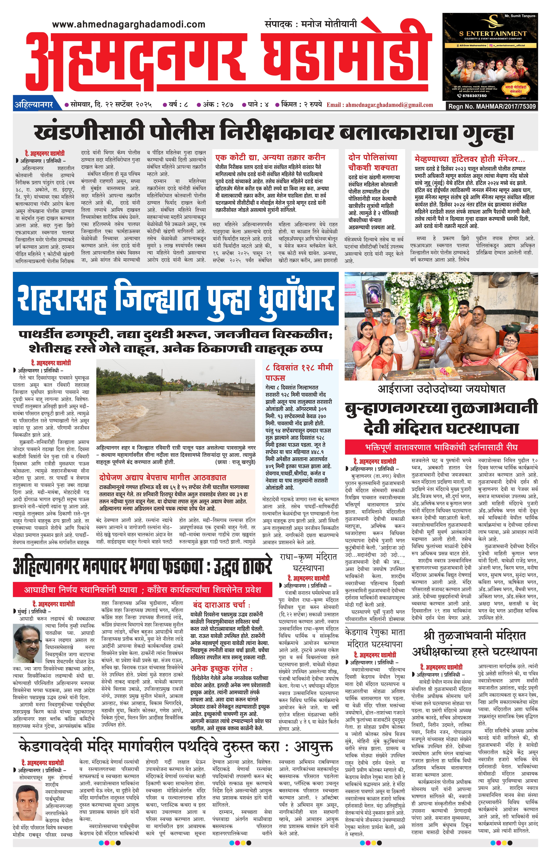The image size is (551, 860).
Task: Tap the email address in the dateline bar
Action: (380, 105)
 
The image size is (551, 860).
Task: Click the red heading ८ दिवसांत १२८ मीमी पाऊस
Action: (299, 372)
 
